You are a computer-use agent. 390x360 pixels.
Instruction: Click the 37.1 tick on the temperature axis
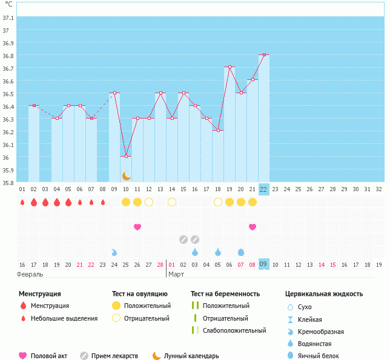pyautogui.click(x=8, y=17)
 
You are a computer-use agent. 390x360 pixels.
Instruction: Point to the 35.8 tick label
pyautogui.click(x=8, y=182)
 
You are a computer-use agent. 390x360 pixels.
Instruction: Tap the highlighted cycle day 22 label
pyautogui.click(x=263, y=189)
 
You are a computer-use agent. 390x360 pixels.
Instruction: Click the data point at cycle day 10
pyautogui.click(x=126, y=156)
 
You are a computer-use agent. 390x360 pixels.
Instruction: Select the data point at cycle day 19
pyautogui.click(x=229, y=67)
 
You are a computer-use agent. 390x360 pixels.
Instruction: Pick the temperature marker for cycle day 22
pyautogui.click(x=263, y=54)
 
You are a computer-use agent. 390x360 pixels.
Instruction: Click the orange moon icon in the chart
pyautogui.click(x=126, y=175)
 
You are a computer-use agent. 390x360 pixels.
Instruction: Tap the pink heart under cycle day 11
pyautogui.click(x=137, y=227)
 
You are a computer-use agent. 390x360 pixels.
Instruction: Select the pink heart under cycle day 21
pyautogui.click(x=252, y=227)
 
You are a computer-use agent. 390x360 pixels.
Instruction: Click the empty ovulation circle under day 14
pyautogui.click(x=172, y=201)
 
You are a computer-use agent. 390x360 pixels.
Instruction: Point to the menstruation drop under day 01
pyautogui.click(x=22, y=201)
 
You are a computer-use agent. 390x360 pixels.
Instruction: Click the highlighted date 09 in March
pyautogui.click(x=263, y=264)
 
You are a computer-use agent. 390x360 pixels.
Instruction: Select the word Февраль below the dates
pyautogui.click(x=30, y=275)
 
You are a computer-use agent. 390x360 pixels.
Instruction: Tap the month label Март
pyautogui.click(x=176, y=275)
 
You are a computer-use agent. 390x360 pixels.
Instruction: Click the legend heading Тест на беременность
pyautogui.click(x=225, y=294)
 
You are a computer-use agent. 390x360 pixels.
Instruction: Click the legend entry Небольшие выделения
pyautogui.click(x=64, y=318)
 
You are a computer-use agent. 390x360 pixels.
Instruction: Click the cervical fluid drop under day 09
pyautogui.click(x=114, y=252)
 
